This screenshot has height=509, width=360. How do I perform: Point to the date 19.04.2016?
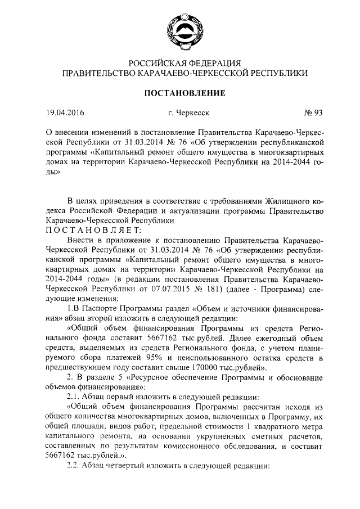pyautogui.click(x=65, y=112)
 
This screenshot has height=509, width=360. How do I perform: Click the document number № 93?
pyautogui.click(x=313, y=112)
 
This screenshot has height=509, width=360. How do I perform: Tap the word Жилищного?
pyautogui.click(x=284, y=200)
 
